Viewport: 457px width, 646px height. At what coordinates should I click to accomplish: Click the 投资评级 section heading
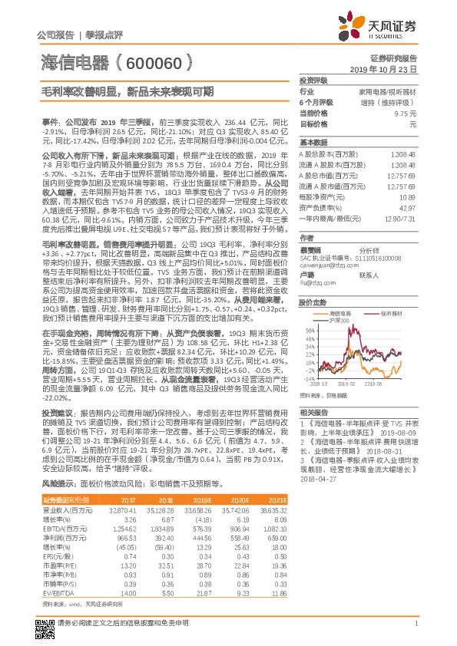click(x=313, y=80)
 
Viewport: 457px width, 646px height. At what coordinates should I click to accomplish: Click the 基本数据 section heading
click(x=313, y=143)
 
